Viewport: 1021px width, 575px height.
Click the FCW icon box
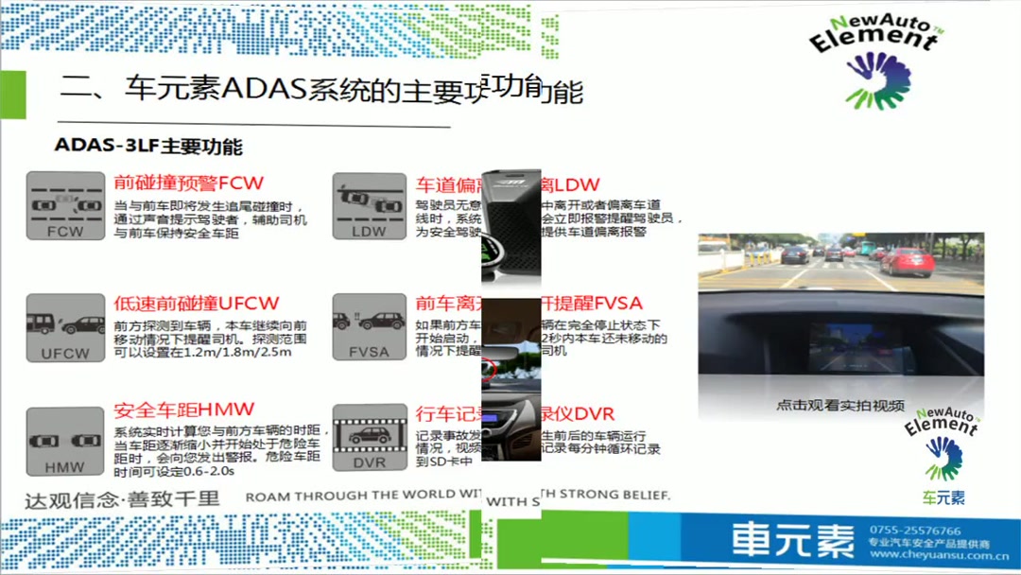tap(65, 205)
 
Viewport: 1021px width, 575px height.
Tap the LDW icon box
tap(369, 205)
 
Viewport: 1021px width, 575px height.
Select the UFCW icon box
tap(65, 327)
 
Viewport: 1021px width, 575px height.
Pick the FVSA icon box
tap(369, 327)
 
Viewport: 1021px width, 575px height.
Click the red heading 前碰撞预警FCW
tap(189, 183)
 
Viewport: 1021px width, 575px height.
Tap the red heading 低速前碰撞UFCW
tap(197, 303)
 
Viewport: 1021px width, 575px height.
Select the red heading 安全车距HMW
tap(184, 409)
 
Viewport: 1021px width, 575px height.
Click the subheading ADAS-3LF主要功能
tap(148, 147)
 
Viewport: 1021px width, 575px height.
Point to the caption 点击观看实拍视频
tap(840, 405)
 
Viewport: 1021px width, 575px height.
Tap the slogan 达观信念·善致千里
tap(122, 497)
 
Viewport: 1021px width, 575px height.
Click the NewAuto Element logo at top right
tap(874, 61)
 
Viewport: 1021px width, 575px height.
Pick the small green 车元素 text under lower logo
tap(943, 497)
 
